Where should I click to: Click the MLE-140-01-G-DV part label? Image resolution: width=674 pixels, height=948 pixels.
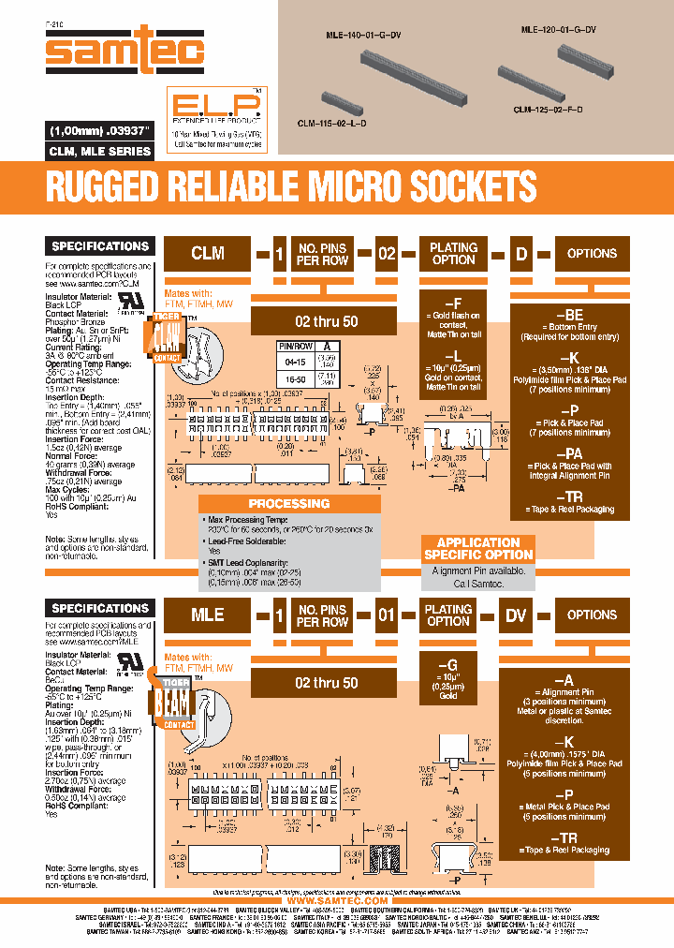coord(362,35)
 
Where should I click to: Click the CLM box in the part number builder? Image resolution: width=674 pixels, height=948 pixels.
coord(207,253)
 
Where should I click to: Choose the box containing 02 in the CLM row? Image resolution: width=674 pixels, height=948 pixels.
coord(387,253)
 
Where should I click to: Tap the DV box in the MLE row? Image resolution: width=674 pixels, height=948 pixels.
coord(515,615)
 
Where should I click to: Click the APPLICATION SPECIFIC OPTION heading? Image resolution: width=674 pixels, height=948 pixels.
coord(478,549)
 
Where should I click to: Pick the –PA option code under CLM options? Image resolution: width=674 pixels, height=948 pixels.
coord(570,452)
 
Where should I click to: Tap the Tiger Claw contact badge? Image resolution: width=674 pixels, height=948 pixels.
coord(166,338)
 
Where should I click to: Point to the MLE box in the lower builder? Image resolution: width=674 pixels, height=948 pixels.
coord(207,615)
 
